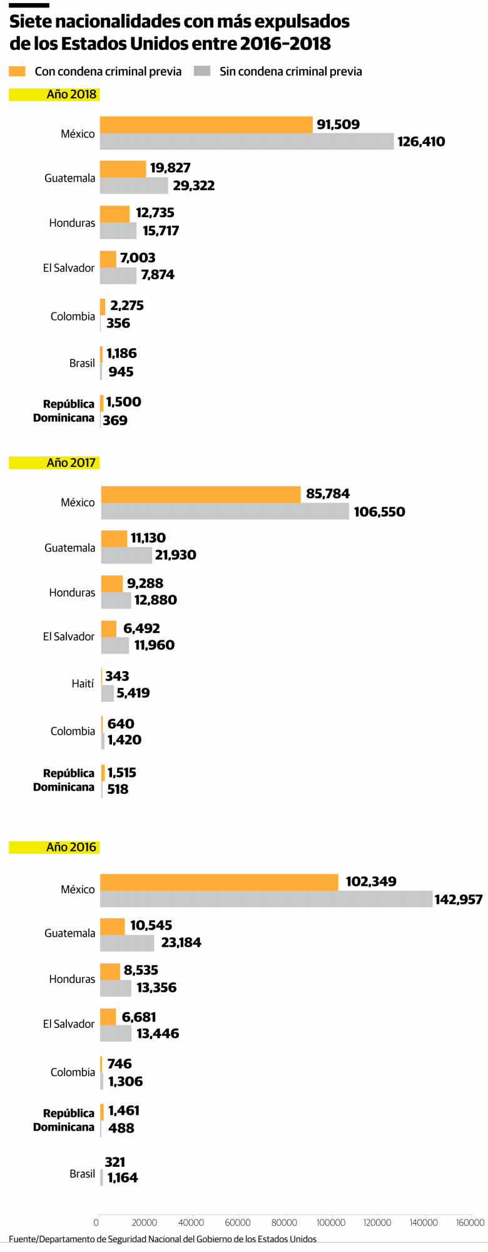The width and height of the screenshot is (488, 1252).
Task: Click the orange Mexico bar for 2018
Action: [x=206, y=125]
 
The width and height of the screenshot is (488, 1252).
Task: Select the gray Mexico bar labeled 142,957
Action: [x=266, y=899]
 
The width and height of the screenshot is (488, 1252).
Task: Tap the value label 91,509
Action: [x=338, y=125]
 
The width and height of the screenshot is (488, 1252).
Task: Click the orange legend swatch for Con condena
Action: [x=17, y=71]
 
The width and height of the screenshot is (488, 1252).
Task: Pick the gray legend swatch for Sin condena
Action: [x=202, y=71]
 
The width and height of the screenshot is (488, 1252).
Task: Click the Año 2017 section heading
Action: [x=71, y=463]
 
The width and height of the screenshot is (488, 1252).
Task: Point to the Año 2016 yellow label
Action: [x=71, y=847]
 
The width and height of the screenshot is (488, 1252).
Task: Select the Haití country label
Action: [x=83, y=684]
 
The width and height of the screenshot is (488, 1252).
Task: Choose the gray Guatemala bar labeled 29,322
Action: [x=134, y=185]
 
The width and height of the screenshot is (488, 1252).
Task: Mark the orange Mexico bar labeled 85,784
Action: [x=201, y=494]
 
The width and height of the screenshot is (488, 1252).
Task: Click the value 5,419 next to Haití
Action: [x=133, y=693]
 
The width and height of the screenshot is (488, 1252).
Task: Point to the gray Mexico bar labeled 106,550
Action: [x=225, y=511]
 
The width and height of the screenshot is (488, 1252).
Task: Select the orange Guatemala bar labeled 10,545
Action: [x=113, y=926]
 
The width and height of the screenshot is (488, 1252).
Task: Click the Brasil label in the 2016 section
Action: [x=82, y=1174]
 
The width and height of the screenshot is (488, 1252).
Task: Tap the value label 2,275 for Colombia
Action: [x=127, y=305]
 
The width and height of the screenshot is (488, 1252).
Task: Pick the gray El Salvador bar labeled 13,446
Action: [x=116, y=1033]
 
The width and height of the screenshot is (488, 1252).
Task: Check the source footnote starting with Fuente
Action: [x=163, y=1239]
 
